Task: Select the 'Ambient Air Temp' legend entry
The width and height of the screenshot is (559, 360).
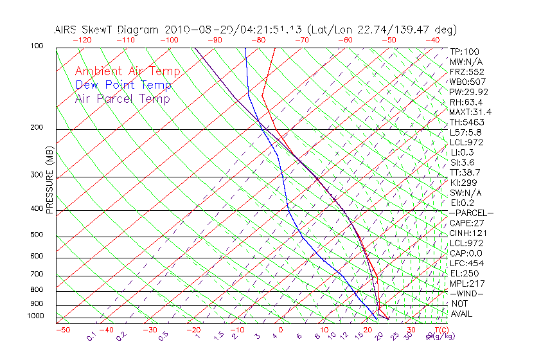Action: tap(128, 72)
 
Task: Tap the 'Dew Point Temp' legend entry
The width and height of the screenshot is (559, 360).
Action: tap(123, 85)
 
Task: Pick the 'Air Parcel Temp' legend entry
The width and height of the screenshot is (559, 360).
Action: tap(123, 99)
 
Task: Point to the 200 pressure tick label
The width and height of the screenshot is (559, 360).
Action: tap(37, 127)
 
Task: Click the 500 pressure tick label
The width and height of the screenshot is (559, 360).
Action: tap(37, 235)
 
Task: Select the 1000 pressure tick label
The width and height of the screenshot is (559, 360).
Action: tap(35, 316)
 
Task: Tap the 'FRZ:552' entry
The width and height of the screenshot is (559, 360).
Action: tap(466, 72)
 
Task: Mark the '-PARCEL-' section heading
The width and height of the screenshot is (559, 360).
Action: tap(471, 213)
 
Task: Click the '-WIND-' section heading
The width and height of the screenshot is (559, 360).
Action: tap(467, 293)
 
